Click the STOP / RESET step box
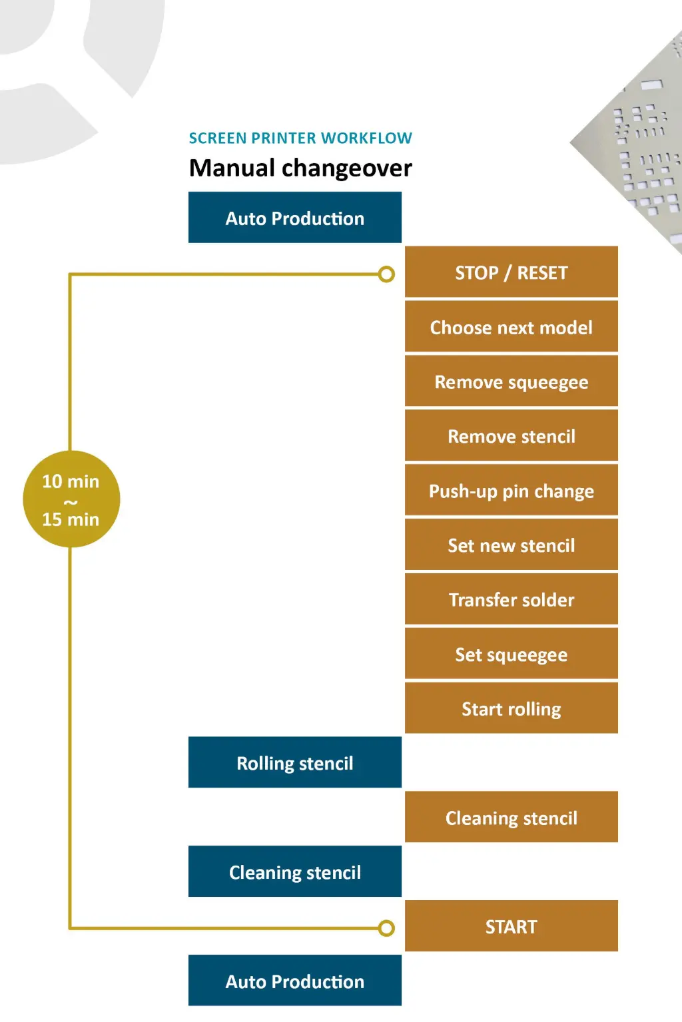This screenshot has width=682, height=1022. tap(511, 272)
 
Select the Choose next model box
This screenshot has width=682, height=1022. tap(511, 327)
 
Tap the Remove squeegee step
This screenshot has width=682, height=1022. tap(511, 382)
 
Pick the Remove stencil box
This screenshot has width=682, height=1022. tap(511, 436)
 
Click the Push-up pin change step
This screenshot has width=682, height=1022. tap(511, 491)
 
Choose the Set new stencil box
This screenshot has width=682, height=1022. tap(511, 545)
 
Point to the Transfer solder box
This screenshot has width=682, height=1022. tap(511, 600)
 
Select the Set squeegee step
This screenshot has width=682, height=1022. tap(511, 654)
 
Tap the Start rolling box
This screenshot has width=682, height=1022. tap(511, 708)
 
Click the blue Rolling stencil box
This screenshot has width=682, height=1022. tap(294, 762)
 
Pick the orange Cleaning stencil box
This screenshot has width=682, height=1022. tap(511, 818)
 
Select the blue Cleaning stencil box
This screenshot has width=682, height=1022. tap(294, 872)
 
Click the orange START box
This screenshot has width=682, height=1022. tap(511, 926)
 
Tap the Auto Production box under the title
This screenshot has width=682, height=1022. tap(294, 218)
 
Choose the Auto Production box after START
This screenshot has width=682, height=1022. tap(294, 981)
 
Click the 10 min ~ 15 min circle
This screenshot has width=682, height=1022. tap(71, 499)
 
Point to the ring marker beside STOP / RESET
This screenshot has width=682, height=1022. tap(386, 274)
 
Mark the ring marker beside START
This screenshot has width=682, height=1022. tap(386, 928)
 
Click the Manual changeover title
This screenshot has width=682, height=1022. tap(300, 168)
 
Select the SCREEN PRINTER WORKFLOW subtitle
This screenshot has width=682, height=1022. tap(300, 138)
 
